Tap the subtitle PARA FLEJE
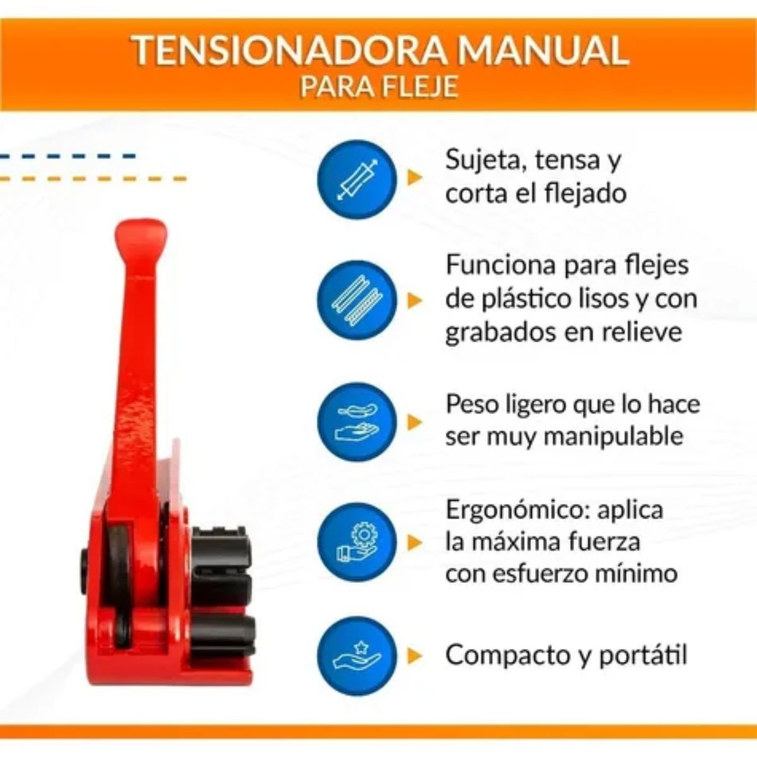pyautogui.click(x=379, y=86)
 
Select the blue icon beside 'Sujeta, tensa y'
pyautogui.click(x=356, y=180)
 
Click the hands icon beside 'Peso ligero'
pyautogui.click(x=356, y=422)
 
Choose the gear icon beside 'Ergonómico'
pyautogui.click(x=356, y=543)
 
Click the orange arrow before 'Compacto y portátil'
pyautogui.click(x=414, y=655)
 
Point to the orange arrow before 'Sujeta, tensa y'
pyautogui.click(x=414, y=177)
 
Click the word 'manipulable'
pyautogui.click(x=613, y=436)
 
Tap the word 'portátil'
pyautogui.click(x=643, y=655)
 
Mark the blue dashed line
pyautogui.click(x=67, y=156)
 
